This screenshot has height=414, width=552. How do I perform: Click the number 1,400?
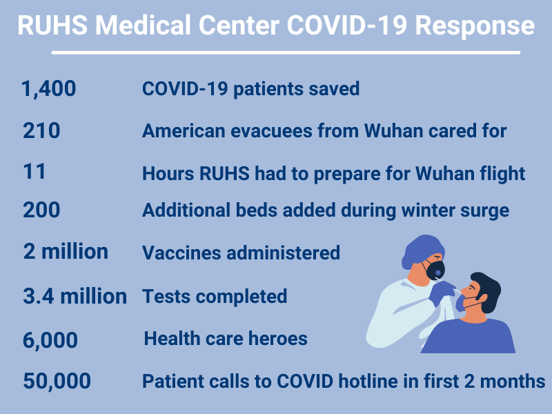[48, 89]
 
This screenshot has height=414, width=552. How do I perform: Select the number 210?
[41, 130]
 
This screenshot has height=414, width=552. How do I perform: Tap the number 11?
[34, 172]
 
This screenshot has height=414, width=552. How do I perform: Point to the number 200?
[41, 210]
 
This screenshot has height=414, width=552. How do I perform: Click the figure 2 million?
[66, 252]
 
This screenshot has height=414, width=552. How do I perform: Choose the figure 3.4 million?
[75, 296]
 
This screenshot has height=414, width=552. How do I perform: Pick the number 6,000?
[50, 340]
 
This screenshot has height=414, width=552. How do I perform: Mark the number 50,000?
[57, 382]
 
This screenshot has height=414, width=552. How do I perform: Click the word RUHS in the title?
[52, 26]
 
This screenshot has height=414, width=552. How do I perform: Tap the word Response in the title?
[475, 26]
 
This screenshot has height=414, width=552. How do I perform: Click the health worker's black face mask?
[435, 269]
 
